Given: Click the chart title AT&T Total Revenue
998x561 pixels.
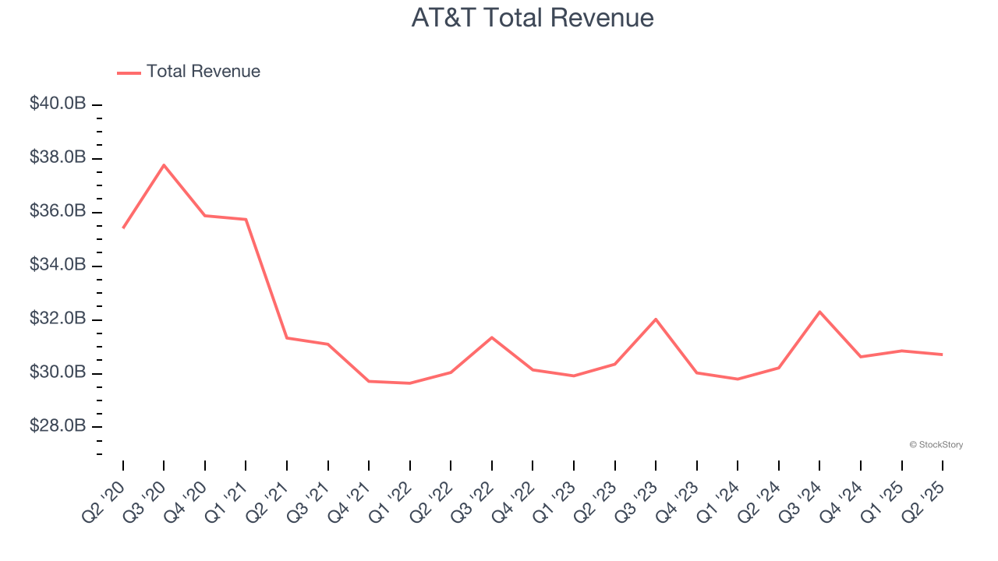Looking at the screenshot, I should [533, 18].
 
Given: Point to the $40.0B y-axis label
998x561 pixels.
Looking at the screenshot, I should [58, 104].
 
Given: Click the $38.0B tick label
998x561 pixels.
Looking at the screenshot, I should [58, 157].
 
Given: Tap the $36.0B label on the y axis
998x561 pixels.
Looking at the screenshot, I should [58, 211].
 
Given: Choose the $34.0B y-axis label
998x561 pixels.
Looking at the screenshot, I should [58, 265].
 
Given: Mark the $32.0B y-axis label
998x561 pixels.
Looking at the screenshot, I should [58, 319].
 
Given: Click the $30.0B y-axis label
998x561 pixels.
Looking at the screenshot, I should [58, 372].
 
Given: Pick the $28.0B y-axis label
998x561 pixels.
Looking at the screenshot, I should [58, 426].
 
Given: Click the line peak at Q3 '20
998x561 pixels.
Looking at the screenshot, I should [164, 165].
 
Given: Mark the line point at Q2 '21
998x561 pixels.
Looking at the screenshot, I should [287, 338].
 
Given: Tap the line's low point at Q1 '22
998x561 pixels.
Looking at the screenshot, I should [410, 383].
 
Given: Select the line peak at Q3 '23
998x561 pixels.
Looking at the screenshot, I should [656, 319].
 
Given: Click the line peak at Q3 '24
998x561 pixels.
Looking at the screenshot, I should [819, 312].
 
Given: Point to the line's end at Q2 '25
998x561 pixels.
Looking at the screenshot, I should [942, 355].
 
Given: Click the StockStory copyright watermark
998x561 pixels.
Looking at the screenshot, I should [936, 445].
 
